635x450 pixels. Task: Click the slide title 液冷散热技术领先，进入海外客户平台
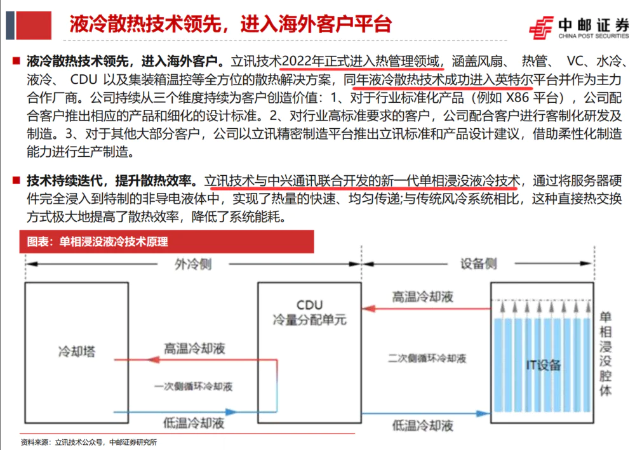230,24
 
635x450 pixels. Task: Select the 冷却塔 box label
70,350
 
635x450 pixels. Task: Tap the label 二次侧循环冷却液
427,358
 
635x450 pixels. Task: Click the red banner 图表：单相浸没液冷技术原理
114,241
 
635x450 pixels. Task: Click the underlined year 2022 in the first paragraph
295,62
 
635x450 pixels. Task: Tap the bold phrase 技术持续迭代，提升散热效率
112,181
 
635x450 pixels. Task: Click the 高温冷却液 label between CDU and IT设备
422,296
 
